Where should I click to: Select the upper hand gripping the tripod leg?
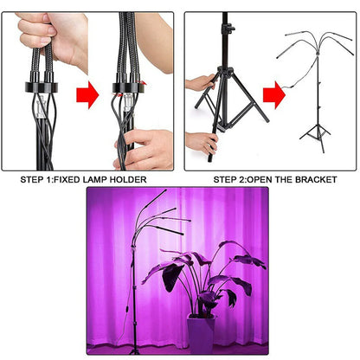click(x=201, y=85)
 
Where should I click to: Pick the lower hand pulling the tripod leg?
click(x=202, y=139)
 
